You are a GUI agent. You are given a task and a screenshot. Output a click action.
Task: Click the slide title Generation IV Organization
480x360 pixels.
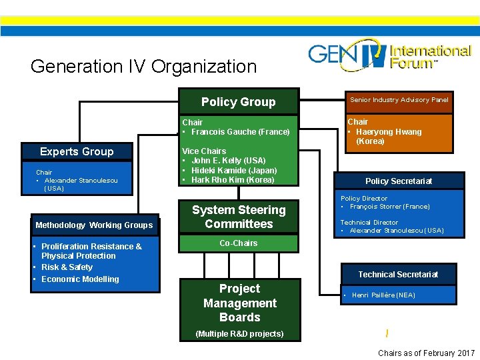[143, 67]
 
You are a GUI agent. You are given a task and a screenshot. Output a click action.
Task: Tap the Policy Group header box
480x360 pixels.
[238, 102]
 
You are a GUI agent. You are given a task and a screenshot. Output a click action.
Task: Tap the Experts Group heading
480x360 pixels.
[77, 151]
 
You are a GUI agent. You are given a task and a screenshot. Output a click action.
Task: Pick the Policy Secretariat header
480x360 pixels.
[399, 181]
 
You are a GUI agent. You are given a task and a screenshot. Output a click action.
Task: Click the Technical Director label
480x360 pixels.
[369, 223]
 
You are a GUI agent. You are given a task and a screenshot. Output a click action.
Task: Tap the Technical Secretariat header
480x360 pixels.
[398, 275]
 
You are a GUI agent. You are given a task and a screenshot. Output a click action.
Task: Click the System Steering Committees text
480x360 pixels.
[239, 217]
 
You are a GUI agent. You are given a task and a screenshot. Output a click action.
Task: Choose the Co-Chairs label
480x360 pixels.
[239, 243]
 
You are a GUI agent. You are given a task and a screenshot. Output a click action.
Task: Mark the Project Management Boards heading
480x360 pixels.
[239, 303]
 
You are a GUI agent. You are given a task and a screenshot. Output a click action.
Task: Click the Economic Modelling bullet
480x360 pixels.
[80, 279]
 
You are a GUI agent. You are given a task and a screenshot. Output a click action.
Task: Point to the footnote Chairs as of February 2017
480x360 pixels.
[426, 353]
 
